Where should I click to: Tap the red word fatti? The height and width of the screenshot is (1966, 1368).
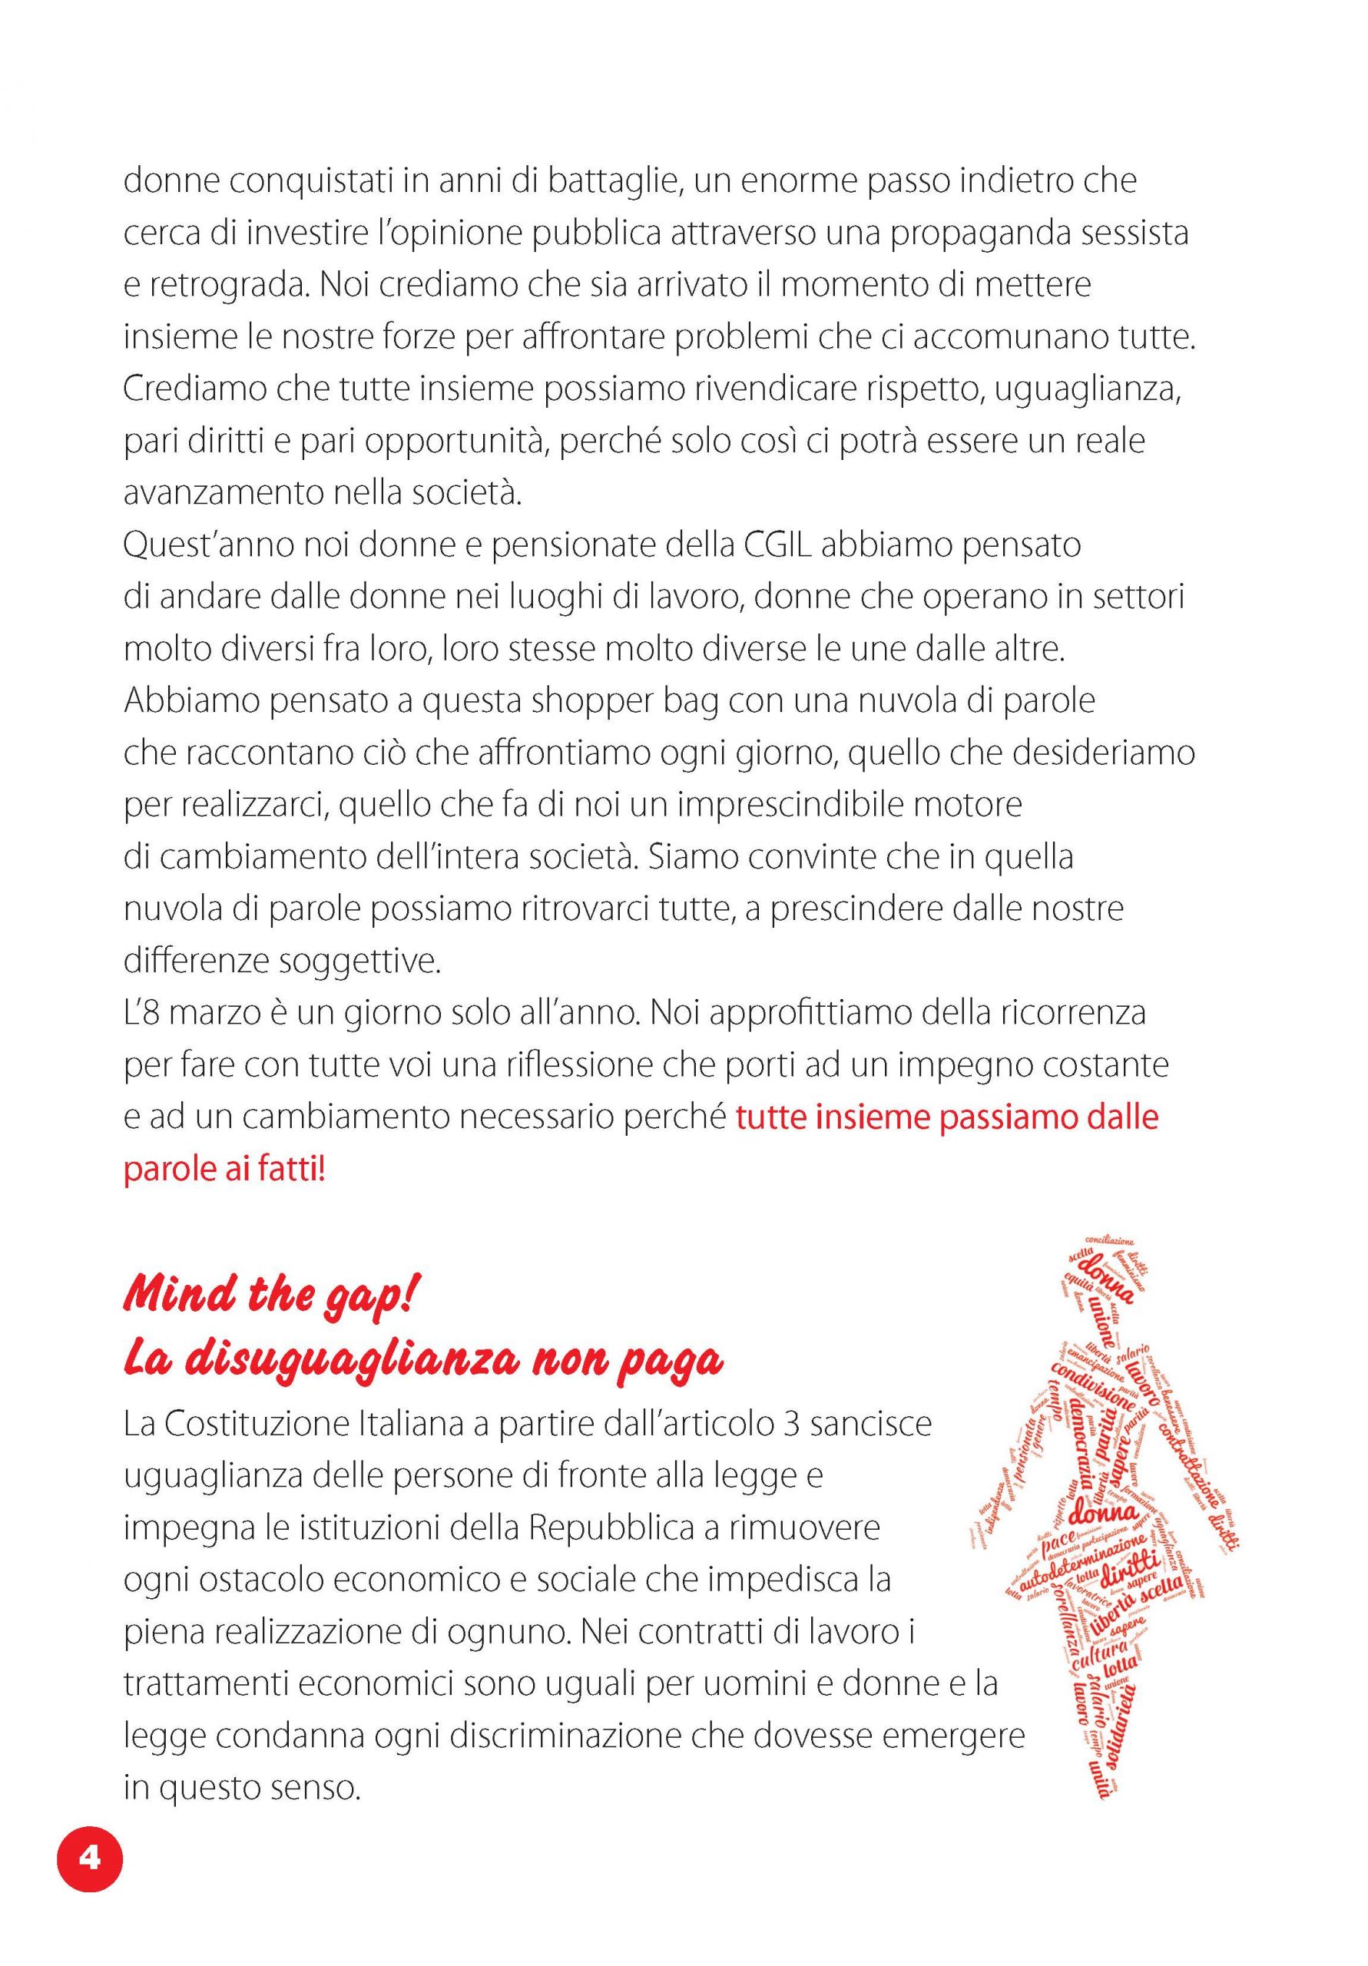pos(288,1170)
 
